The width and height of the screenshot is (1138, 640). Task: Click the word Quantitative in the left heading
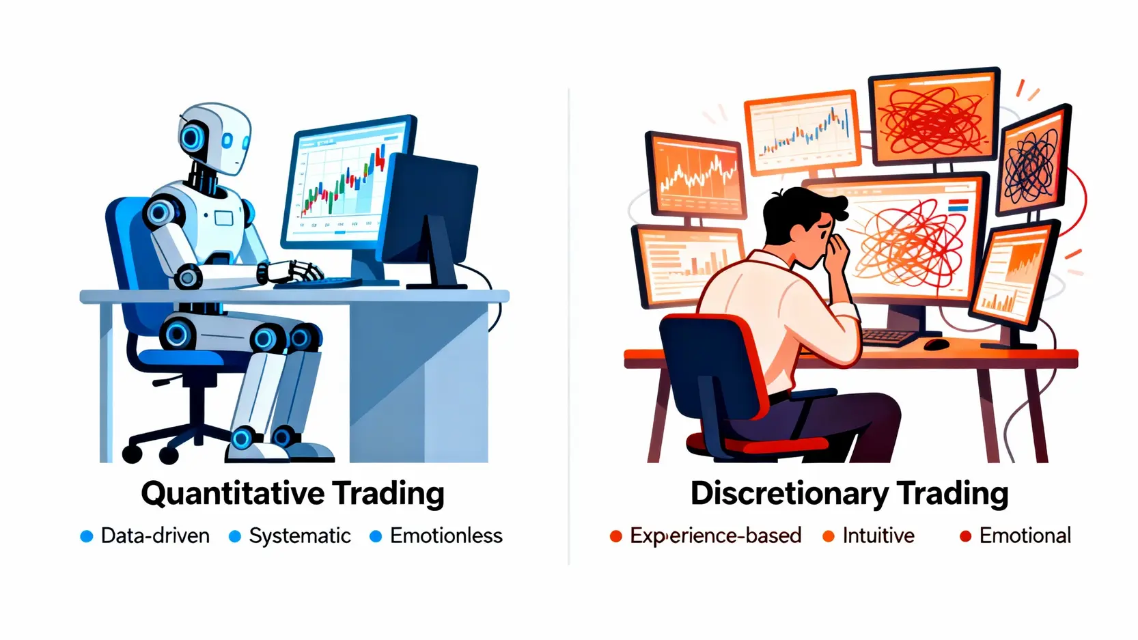tap(233, 494)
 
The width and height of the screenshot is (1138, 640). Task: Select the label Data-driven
tap(156, 536)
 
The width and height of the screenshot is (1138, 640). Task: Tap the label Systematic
tap(300, 536)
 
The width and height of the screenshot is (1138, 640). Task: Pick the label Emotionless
tap(446, 536)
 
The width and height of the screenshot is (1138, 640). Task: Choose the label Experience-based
tap(716, 536)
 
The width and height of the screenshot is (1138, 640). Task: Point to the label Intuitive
tap(878, 536)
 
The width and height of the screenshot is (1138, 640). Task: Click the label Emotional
tap(1025, 536)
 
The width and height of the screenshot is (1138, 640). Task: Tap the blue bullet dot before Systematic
tap(235, 536)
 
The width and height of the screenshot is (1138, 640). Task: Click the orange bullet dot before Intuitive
tap(829, 536)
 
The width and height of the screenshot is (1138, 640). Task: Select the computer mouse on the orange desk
tap(936, 344)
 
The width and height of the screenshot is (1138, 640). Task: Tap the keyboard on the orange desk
tap(890, 337)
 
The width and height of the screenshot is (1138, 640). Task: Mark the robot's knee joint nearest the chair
tap(177, 334)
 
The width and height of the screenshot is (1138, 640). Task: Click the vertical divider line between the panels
tap(569, 326)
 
